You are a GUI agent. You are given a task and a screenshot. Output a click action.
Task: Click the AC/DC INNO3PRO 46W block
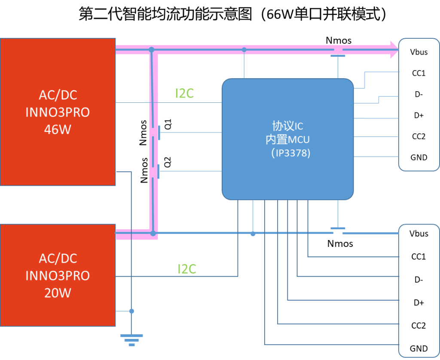[x=58, y=112]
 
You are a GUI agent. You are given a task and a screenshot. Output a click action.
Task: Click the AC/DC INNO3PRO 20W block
[x=58, y=275]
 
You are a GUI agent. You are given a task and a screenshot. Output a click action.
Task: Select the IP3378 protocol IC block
[x=287, y=139]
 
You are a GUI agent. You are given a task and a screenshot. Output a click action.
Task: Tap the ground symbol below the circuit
[x=131, y=340]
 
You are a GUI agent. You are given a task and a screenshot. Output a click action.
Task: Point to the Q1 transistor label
[x=168, y=124]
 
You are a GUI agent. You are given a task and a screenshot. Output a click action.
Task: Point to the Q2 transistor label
[x=168, y=162]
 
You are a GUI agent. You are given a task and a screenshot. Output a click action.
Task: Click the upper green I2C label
[x=184, y=93]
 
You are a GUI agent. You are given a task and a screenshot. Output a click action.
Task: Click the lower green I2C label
[x=186, y=269]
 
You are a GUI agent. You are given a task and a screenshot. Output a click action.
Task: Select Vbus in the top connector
[x=419, y=52]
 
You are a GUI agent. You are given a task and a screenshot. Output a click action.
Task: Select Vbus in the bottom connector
[x=419, y=234]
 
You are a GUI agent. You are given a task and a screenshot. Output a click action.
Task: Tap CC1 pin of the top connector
[x=419, y=73]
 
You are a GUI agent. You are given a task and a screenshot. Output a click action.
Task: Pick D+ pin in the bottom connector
[x=419, y=302]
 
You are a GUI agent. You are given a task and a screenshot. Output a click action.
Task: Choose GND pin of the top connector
[x=419, y=157]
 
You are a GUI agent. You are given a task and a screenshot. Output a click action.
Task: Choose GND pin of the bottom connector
[x=419, y=348]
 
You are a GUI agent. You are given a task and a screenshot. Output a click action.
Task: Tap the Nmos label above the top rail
[x=339, y=40]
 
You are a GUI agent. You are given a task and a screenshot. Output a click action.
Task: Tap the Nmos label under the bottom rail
[x=340, y=243]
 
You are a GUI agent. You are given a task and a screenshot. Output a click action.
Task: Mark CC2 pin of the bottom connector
[x=419, y=326]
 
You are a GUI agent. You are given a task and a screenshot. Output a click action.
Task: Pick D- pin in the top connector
[x=419, y=94]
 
